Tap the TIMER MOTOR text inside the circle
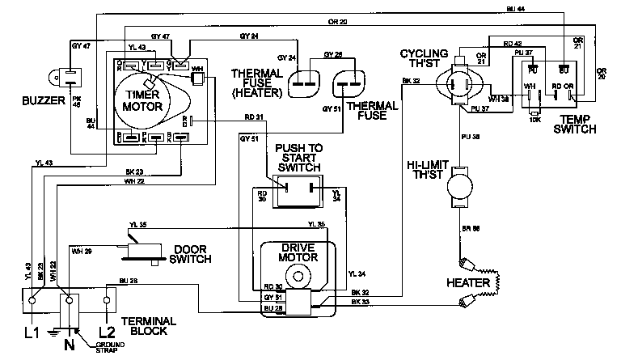(142, 100)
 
